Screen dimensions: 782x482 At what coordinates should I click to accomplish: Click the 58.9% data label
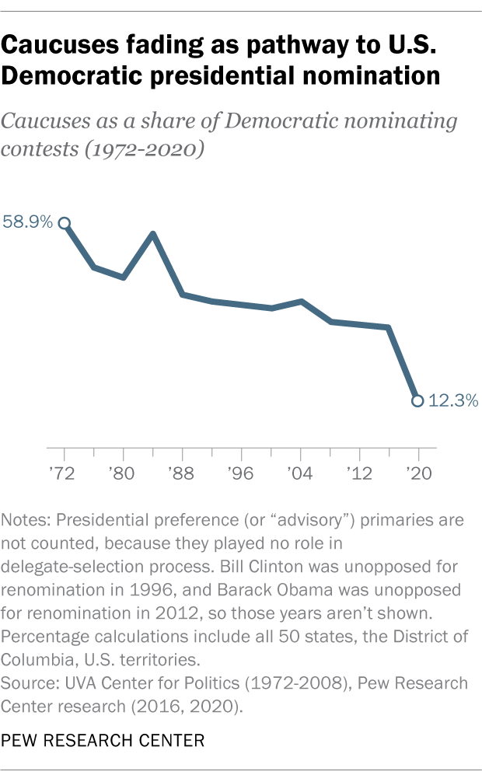(28, 222)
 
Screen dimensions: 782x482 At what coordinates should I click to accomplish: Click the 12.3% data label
(452, 401)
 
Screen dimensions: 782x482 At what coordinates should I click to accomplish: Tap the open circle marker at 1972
(65, 223)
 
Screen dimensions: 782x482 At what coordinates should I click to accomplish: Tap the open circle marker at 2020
(417, 401)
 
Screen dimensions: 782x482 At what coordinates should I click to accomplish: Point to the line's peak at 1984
(153, 234)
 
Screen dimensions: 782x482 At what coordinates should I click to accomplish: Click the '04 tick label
(301, 473)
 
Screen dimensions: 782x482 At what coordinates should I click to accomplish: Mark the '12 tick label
(359, 473)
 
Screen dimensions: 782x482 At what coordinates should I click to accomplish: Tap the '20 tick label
(418, 473)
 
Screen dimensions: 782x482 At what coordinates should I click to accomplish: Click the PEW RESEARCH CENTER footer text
(103, 741)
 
